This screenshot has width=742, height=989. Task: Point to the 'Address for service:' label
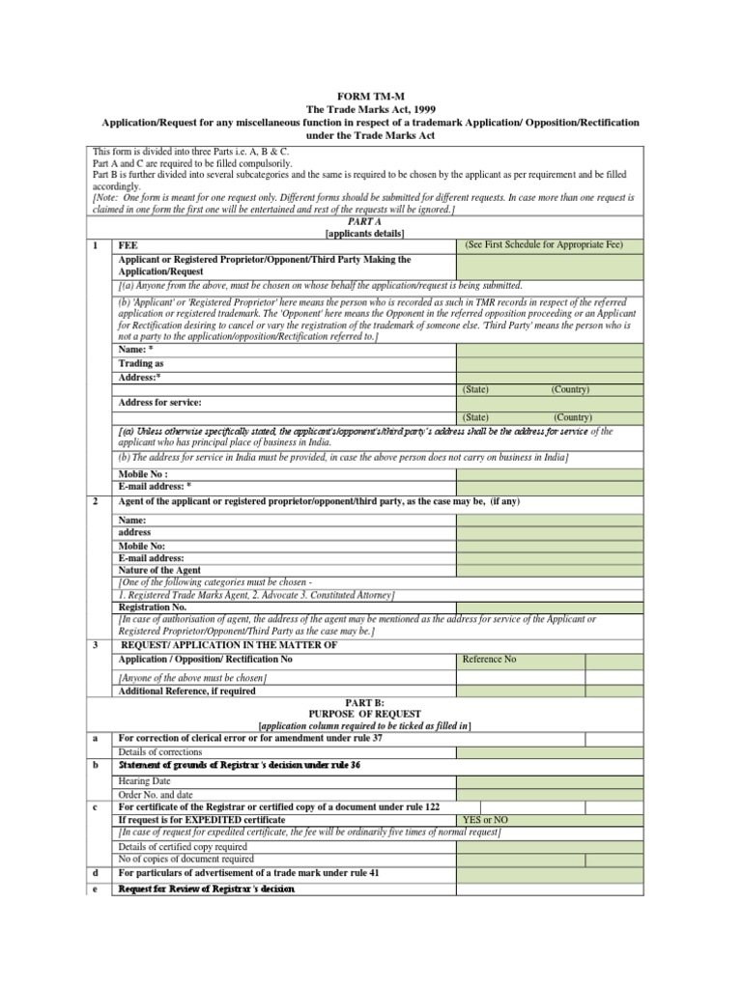159,402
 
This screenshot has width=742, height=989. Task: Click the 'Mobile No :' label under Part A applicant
143,474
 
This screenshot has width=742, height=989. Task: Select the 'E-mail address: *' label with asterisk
155,487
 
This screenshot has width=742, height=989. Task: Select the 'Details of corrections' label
160,750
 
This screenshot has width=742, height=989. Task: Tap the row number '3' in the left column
95,644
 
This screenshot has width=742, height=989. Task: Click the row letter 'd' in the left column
95,873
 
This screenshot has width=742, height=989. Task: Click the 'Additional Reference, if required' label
187,692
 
